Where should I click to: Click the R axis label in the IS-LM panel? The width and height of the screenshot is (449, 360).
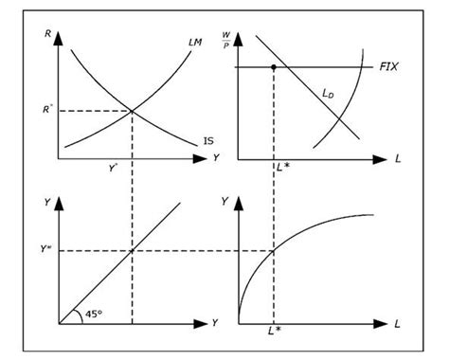[x=47, y=34]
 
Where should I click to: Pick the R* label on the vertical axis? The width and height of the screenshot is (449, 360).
[x=43, y=109]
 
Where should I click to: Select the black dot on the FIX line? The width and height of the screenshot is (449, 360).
[x=274, y=67]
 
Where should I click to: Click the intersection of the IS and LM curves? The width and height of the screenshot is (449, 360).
[x=131, y=111]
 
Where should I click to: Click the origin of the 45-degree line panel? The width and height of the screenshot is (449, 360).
[x=59, y=324]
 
